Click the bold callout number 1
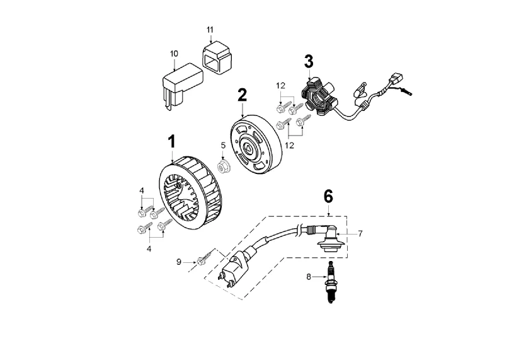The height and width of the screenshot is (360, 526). coord(172,142)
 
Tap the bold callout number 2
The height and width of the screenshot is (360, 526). coord(242,95)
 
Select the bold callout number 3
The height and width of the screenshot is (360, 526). coord(309,61)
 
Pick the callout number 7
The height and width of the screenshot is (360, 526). coord(360,234)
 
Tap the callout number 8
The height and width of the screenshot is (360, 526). coord(309,277)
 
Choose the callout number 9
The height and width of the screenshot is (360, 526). coord(179,262)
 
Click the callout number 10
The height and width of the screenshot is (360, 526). coord(174,54)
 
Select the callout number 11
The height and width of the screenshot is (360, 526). coord(210,30)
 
